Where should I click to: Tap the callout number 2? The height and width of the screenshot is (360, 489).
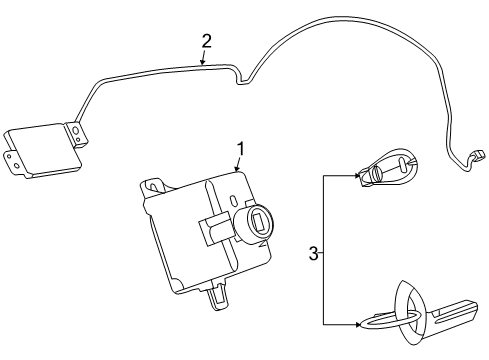click(207, 41)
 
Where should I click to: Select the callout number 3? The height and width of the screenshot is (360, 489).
click(313, 255)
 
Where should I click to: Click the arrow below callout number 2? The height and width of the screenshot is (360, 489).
click(204, 61)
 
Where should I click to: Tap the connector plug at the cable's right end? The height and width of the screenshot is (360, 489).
click(478, 155)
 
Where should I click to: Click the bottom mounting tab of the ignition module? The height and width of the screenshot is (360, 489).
click(214, 293)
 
